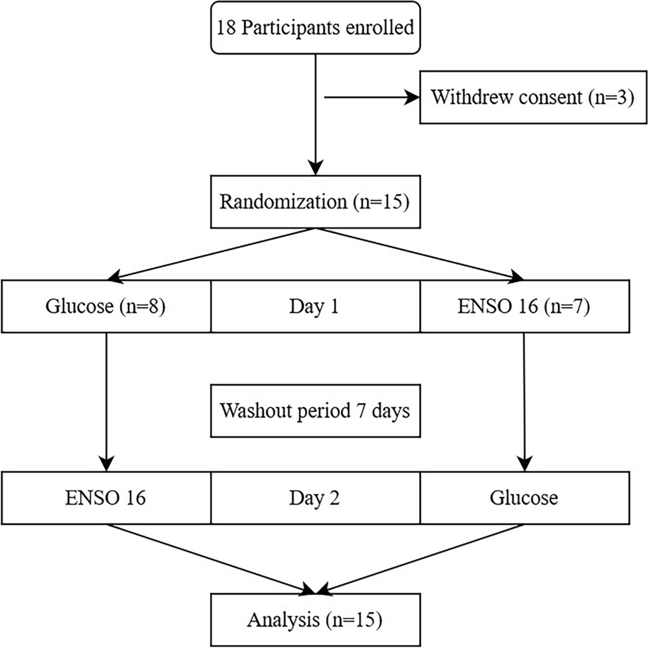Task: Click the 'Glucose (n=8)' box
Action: pos(106,308)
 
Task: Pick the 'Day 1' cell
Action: pos(315,308)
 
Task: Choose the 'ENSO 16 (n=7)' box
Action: pos(524,308)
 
